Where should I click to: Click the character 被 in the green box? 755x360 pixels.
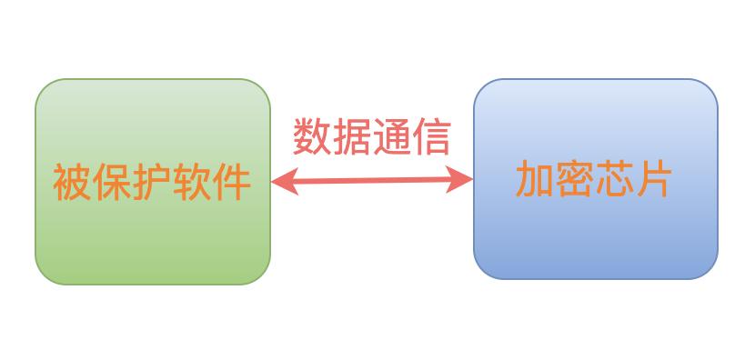(73, 182)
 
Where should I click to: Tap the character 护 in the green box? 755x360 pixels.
(152, 182)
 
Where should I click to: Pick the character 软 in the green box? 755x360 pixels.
(192, 182)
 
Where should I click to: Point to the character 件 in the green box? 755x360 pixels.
(231, 182)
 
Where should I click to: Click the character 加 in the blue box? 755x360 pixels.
(535, 179)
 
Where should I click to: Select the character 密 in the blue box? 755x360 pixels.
(575, 179)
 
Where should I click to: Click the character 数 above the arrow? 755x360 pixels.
(312, 137)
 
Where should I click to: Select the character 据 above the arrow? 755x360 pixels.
(352, 137)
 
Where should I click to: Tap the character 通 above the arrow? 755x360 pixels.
(391, 137)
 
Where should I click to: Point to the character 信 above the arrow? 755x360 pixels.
(431, 137)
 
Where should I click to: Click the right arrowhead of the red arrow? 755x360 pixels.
(465, 180)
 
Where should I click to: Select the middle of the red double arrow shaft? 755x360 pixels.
(372, 182)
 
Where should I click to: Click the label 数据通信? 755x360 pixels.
(371, 137)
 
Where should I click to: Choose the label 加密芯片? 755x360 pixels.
(594, 179)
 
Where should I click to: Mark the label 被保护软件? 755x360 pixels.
(152, 182)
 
